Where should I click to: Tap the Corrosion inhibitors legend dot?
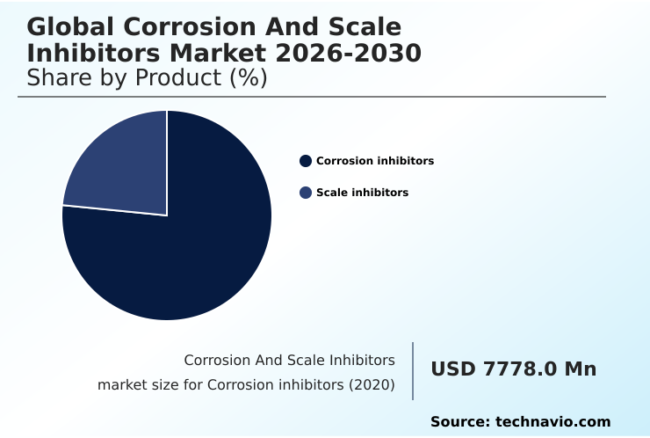[306, 161]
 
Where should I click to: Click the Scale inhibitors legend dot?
[306, 193]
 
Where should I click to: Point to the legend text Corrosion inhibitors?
[375, 161]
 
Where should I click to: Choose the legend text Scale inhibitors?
[362, 193]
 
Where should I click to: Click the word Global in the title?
[69, 28]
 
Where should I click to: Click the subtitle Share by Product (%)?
[147, 77]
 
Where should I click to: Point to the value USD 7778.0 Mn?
[513, 369]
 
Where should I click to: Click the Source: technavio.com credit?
[520, 422]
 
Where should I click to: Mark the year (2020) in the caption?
[372, 385]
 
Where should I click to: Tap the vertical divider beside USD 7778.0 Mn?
[413, 371]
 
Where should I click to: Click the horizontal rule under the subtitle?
[312, 97]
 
